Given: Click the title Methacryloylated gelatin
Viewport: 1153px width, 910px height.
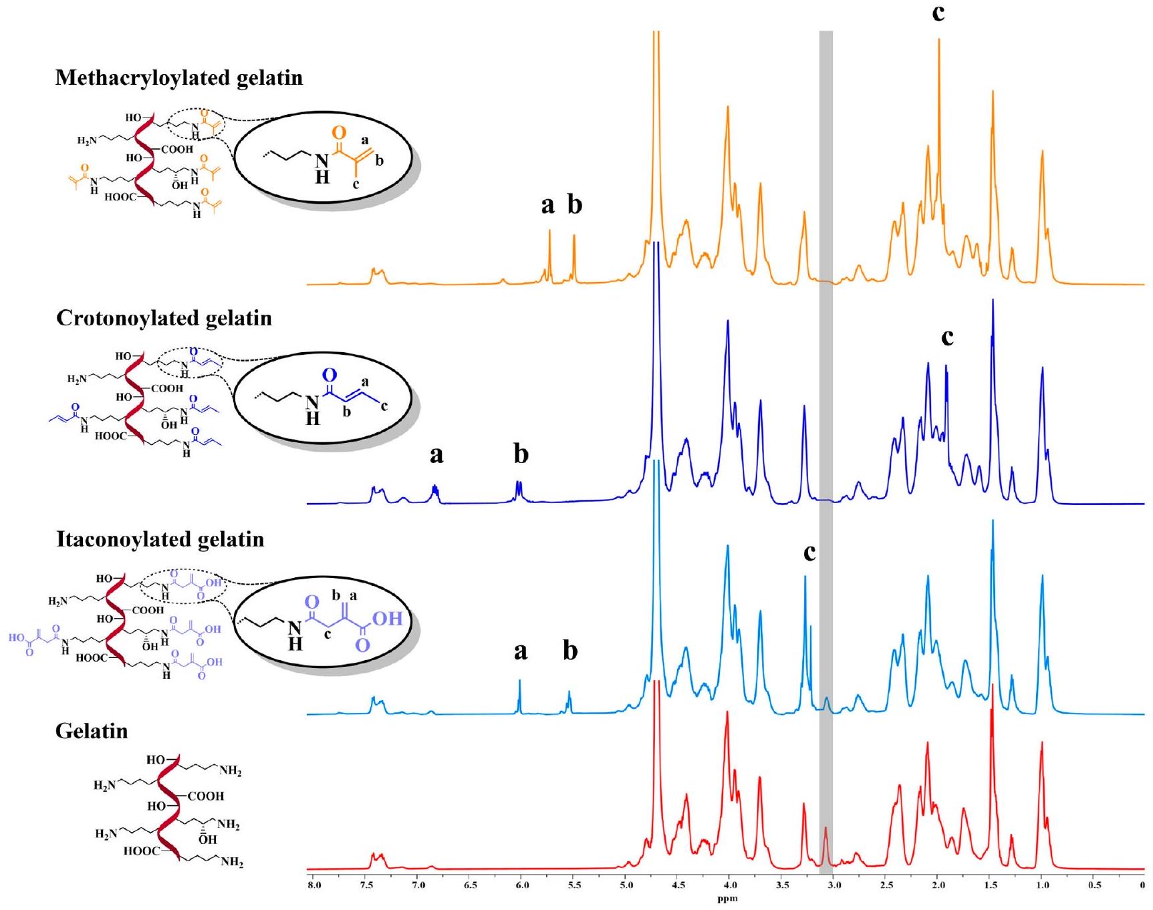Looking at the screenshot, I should pyautogui.click(x=179, y=78).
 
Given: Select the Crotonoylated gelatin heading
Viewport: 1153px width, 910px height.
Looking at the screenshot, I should pyautogui.click(x=164, y=318).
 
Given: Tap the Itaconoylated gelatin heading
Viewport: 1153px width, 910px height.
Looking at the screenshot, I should pyautogui.click(x=160, y=539).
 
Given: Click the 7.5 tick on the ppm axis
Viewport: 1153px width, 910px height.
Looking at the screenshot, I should pyautogui.click(x=366, y=885).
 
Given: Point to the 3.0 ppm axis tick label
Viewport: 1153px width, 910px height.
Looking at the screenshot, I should pyautogui.click(x=834, y=885).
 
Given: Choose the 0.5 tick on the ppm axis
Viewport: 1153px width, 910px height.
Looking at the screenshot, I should pyautogui.click(x=1094, y=885).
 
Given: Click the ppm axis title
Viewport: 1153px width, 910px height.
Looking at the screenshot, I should pyautogui.click(x=727, y=899).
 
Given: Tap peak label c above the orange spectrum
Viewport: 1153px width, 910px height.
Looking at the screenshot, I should pyautogui.click(x=938, y=12).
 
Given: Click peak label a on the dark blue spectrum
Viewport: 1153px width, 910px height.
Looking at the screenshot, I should pyautogui.click(x=436, y=454).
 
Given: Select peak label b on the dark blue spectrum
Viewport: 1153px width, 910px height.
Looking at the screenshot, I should pyautogui.click(x=521, y=454).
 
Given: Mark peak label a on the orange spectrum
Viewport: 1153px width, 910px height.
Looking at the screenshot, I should pyautogui.click(x=547, y=204).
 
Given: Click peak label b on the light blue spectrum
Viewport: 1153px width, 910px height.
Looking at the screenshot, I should pyautogui.click(x=569, y=650).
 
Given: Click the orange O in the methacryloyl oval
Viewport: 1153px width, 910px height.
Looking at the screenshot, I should pyautogui.click(x=339, y=134).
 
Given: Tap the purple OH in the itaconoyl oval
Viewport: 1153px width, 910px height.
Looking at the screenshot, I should pyautogui.click(x=387, y=619).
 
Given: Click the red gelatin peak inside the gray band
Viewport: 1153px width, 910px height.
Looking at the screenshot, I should pyautogui.click(x=826, y=829).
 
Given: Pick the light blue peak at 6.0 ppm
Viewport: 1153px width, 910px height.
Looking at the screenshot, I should pyautogui.click(x=519, y=681).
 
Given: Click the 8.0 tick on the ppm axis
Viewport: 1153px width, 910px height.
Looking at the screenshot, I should pyautogui.click(x=313, y=885).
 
